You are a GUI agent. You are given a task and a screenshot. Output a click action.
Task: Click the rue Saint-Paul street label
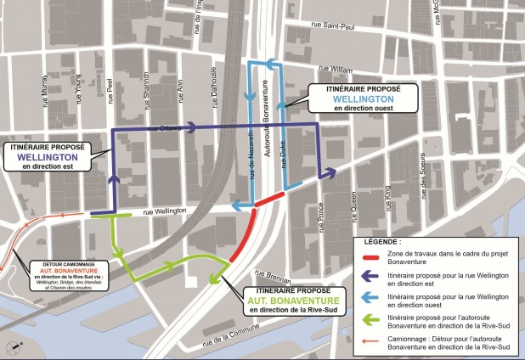point(334,25)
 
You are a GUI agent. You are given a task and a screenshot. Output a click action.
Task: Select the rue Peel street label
point(110,88)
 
